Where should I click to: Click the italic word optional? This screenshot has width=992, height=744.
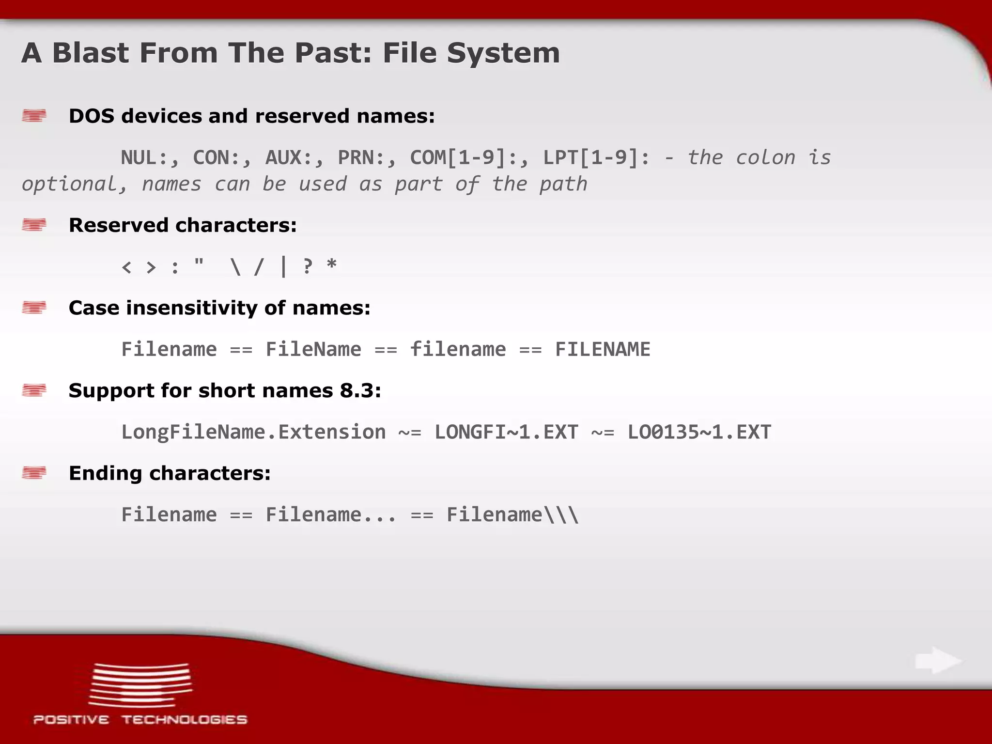coord(75,185)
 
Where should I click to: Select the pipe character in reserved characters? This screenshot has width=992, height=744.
coord(283,267)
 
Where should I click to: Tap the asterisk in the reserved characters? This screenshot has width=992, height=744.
coord(331,265)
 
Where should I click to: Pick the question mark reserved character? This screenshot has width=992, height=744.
coord(307,267)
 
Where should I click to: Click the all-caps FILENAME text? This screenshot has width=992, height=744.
coord(603,350)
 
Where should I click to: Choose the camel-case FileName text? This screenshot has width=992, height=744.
coord(313,350)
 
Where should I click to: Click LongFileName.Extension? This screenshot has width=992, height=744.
coord(253,433)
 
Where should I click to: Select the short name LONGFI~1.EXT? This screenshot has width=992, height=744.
coord(506,433)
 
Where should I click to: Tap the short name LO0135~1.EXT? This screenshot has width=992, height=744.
coord(699,433)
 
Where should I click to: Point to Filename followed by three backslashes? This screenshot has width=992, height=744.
coord(512,515)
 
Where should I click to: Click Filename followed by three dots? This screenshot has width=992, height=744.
coord(331,515)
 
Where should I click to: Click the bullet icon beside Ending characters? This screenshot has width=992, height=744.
coord(34,472)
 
